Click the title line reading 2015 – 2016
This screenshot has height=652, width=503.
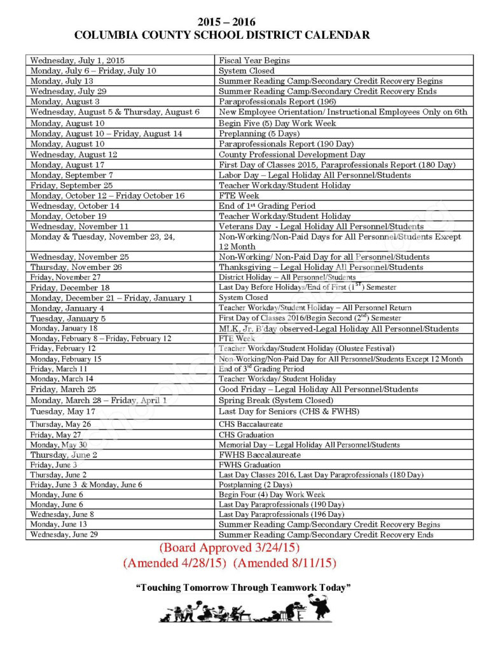click(222, 22)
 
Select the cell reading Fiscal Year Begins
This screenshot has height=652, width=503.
click(254, 60)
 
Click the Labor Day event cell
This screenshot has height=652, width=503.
click(315, 175)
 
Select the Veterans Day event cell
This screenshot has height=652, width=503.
click(320, 227)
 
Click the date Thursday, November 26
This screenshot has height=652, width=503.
click(76, 267)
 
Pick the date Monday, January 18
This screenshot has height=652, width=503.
click(64, 329)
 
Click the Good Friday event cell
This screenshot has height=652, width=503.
click(318, 390)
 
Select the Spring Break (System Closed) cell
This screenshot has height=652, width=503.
click(275, 400)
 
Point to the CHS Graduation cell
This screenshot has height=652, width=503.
click(246, 435)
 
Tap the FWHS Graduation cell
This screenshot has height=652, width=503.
click(249, 465)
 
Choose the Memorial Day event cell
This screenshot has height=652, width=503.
click(309, 445)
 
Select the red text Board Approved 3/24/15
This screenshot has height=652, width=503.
click(229, 548)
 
